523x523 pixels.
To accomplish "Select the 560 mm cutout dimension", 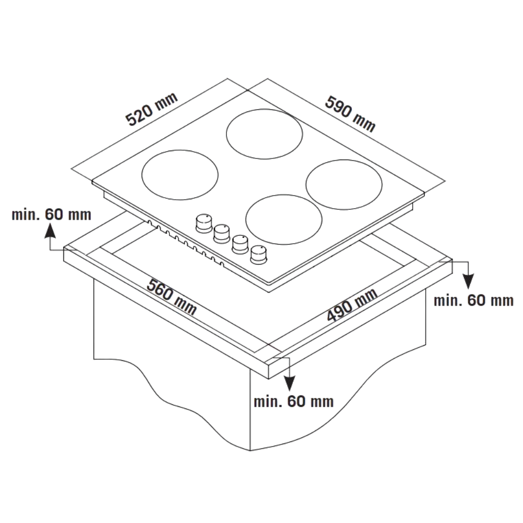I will [172, 298].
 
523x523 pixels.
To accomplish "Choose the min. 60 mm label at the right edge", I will [474, 301].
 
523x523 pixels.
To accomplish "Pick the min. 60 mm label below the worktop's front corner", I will [293, 402].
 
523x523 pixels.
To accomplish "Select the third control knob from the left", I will [239, 243].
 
